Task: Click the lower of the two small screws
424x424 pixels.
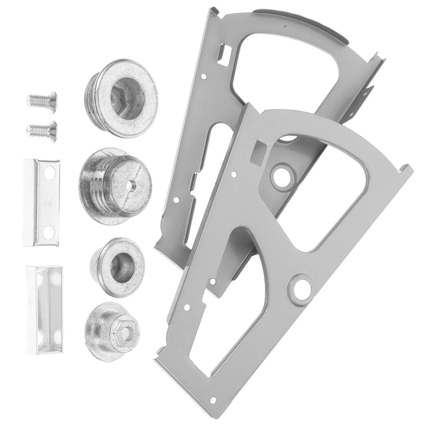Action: pyautogui.click(x=42, y=129)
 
